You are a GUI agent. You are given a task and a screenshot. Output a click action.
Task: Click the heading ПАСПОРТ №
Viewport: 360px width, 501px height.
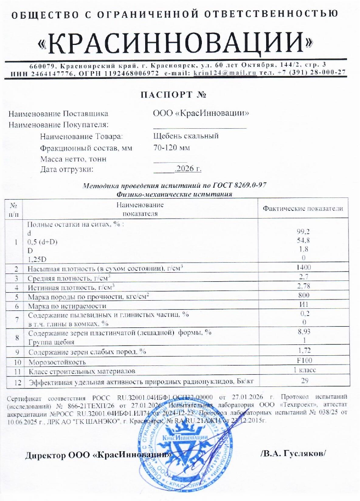coord(174,96)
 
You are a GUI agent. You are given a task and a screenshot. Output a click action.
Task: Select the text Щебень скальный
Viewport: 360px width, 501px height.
coord(186,136)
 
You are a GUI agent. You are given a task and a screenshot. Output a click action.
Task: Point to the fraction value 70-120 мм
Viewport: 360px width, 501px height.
coord(172,148)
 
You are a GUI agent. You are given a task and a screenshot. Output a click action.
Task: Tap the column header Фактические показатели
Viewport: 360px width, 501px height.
coord(303,209)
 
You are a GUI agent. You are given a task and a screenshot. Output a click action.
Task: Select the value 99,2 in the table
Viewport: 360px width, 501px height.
coord(303,233)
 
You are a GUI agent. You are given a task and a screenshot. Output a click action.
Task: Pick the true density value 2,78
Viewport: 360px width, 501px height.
coord(303,286)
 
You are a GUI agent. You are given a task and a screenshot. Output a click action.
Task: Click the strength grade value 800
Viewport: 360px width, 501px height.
coord(303,295)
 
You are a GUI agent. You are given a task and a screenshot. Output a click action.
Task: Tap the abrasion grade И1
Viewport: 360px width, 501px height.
coord(303,305)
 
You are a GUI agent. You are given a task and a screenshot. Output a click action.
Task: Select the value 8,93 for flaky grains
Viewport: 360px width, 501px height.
coord(303,332)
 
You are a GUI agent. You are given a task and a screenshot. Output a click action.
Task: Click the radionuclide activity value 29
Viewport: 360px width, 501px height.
coord(303,380)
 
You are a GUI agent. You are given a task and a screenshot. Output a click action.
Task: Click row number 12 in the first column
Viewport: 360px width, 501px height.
coord(15,381)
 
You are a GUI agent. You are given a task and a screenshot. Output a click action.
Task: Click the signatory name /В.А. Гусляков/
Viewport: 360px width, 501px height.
coord(293,454)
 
